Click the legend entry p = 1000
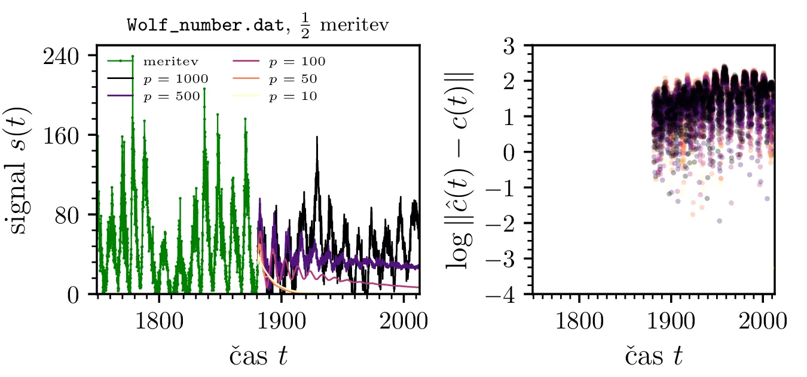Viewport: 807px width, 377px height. (175, 78)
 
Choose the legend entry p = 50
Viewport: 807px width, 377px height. (293, 78)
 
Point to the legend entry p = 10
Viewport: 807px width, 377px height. (293, 96)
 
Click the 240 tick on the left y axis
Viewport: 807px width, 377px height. (66, 56)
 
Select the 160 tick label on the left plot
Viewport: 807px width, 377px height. (66, 135)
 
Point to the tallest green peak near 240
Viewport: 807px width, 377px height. (133, 57)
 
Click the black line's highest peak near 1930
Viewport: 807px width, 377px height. (317, 138)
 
